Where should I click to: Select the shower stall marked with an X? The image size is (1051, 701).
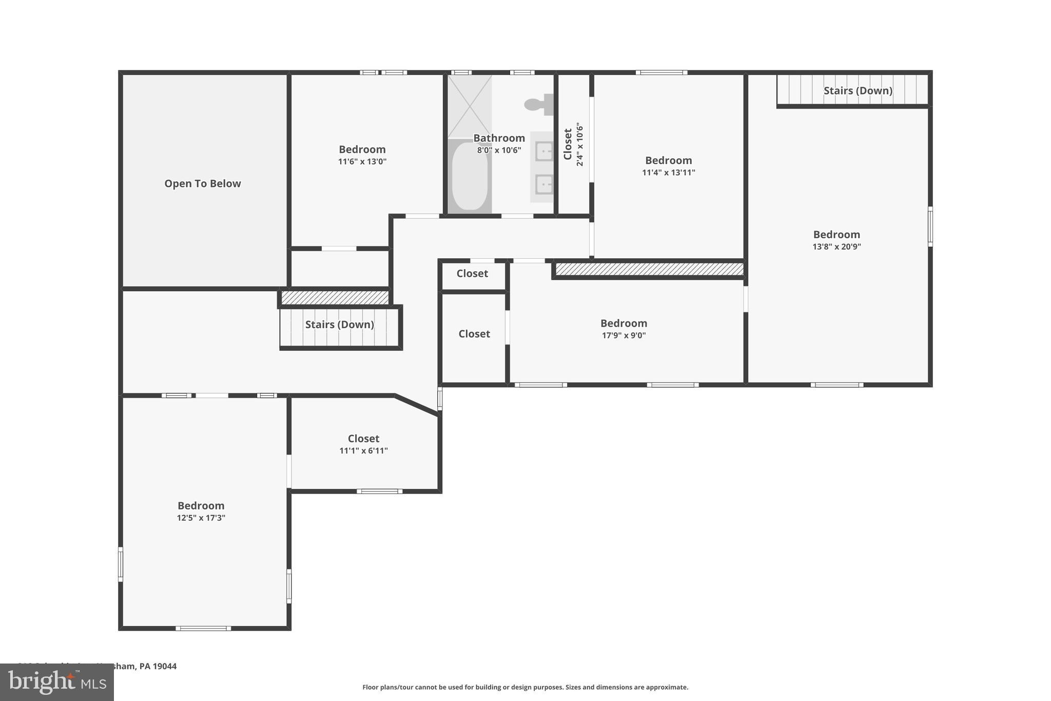[x=470, y=106]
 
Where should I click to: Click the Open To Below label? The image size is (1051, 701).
[x=202, y=183]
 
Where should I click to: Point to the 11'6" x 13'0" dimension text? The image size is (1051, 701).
[x=362, y=162]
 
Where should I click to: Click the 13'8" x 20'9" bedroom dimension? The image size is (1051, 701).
[x=836, y=247]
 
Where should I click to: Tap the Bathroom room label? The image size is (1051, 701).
[x=499, y=138]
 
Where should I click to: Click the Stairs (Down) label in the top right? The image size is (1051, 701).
[x=858, y=91]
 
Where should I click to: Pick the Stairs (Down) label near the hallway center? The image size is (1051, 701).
[x=339, y=325]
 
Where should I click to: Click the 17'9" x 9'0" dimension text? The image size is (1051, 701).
[x=624, y=336]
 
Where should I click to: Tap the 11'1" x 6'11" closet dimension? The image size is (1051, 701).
[x=363, y=451]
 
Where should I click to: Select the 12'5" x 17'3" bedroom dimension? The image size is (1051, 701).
[x=201, y=518]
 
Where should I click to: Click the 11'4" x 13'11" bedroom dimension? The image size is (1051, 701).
[x=668, y=173]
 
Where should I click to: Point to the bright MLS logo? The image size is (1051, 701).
[x=56, y=682]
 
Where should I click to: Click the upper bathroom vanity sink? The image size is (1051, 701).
[x=544, y=151]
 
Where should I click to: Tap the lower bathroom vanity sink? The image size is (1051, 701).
[x=544, y=184]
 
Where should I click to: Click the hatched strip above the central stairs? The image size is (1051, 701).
[x=335, y=298]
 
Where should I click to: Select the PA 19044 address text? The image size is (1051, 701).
[x=158, y=666]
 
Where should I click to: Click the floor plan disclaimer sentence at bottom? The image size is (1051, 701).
[x=525, y=687]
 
